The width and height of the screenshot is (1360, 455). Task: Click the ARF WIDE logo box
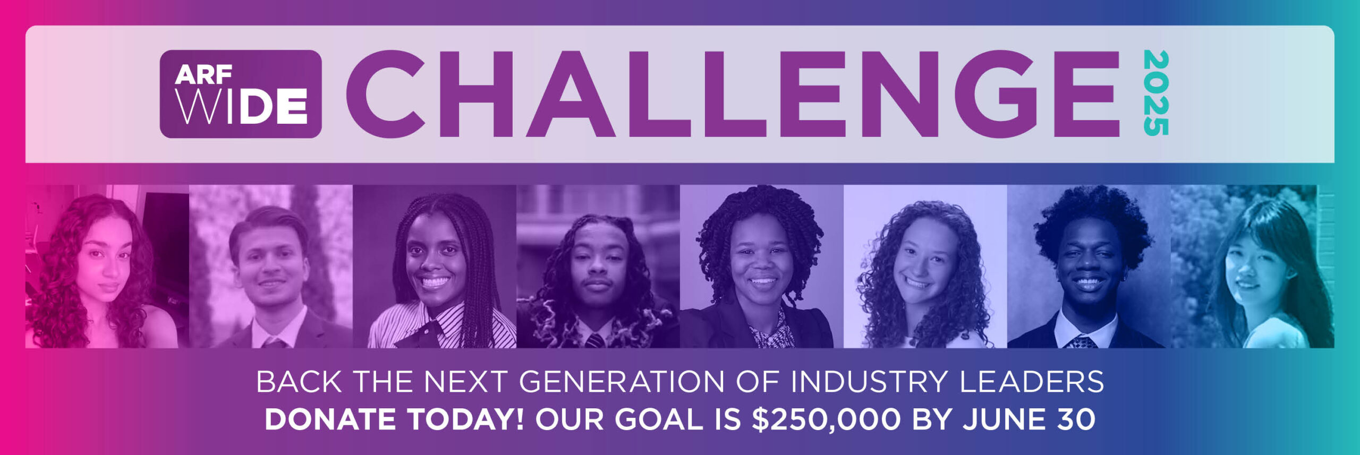click(x=241, y=94)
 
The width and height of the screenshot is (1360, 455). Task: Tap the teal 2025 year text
click(x=1156, y=93)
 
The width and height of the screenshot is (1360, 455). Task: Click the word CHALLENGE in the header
click(x=733, y=94)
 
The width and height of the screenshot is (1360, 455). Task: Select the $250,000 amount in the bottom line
click(x=826, y=419)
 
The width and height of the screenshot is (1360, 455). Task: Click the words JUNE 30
click(x=1029, y=419)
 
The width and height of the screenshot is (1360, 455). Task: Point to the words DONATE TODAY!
click(x=394, y=419)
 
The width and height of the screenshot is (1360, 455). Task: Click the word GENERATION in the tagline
click(x=622, y=382)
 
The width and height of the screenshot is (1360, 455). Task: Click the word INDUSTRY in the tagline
click(x=870, y=382)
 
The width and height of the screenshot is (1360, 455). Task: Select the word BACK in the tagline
click(x=299, y=382)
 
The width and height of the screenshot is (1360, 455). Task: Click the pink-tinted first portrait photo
click(x=107, y=267)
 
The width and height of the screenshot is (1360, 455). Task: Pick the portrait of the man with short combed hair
click(x=271, y=267)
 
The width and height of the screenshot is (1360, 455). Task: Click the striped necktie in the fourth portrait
click(x=594, y=340)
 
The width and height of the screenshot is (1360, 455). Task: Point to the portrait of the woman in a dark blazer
click(x=761, y=267)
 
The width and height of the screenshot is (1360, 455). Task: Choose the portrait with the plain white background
click(x=925, y=267)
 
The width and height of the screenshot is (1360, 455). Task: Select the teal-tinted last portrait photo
click(x=1252, y=267)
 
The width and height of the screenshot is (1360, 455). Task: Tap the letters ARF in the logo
click(x=203, y=75)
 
